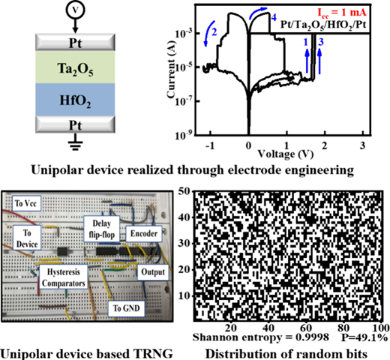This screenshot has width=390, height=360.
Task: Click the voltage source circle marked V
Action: click(x=75, y=10)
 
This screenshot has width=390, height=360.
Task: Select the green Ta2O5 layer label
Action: click(x=75, y=69)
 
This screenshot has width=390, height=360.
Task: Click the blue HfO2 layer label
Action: click(x=75, y=100)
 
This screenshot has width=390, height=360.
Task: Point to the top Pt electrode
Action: click(x=75, y=42)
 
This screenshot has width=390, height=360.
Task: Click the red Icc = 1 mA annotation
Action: click(x=342, y=13)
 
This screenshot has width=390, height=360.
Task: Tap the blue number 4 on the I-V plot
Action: click(x=274, y=17)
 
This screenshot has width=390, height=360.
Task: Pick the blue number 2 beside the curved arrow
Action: click(x=214, y=32)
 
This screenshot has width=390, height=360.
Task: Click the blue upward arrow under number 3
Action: click(x=319, y=61)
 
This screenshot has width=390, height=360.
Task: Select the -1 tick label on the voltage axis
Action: click(x=210, y=145)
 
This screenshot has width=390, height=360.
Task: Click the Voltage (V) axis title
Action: click(x=286, y=154)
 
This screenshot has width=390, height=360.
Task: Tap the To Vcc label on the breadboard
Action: click(x=26, y=203)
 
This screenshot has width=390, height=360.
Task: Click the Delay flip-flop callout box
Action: click(x=102, y=229)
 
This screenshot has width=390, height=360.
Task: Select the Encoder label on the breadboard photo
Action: click(x=144, y=234)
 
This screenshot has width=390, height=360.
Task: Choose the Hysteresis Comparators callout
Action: click(x=64, y=277)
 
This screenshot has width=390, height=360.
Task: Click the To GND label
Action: click(x=127, y=308)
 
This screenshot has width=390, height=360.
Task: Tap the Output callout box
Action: click(x=153, y=272)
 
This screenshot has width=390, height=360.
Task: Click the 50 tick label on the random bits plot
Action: click(x=184, y=192)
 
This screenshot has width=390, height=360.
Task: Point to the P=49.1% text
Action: click(x=364, y=337)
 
